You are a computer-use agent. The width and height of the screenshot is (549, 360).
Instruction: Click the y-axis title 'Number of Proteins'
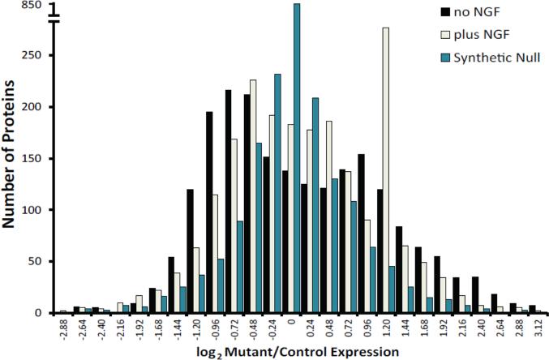coord(11,166)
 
